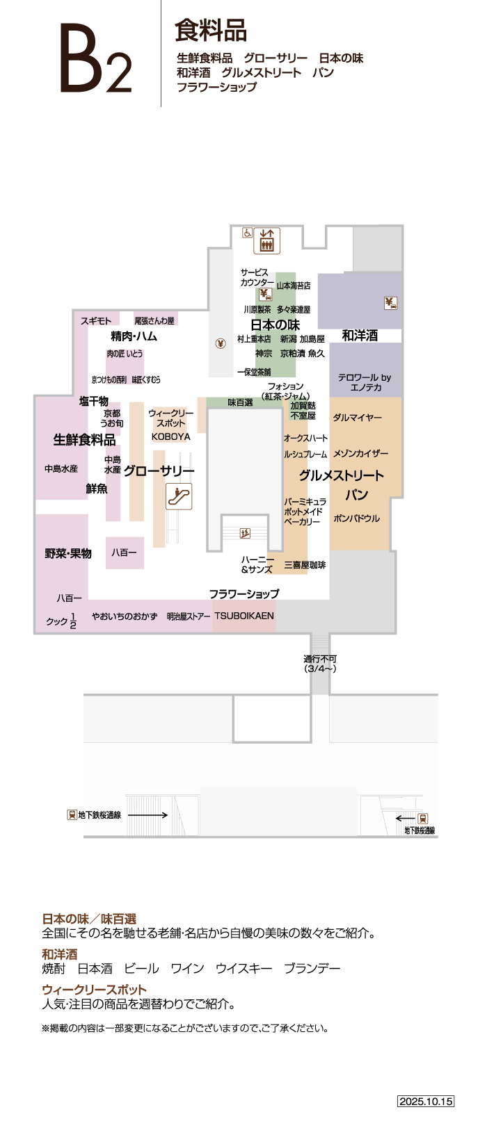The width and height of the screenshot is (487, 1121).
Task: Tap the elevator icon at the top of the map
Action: (x=267, y=240)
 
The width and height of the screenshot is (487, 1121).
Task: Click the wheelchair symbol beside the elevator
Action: (x=247, y=233)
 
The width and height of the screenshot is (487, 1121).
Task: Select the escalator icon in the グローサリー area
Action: (x=179, y=496)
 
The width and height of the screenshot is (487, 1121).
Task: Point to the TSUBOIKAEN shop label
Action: (x=244, y=616)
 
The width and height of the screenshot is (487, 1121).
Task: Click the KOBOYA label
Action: (x=170, y=437)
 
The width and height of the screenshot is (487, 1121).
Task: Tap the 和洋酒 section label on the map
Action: (x=360, y=336)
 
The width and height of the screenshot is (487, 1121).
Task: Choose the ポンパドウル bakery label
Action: (x=356, y=518)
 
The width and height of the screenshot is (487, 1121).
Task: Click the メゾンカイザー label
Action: (x=360, y=454)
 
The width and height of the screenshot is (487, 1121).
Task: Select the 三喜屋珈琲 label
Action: (x=305, y=565)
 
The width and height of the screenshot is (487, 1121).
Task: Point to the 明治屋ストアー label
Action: (x=189, y=616)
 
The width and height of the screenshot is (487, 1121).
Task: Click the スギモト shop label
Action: (x=96, y=320)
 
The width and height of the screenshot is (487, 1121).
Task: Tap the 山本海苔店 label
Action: (x=294, y=286)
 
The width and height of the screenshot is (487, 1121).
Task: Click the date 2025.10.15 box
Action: (x=426, y=1101)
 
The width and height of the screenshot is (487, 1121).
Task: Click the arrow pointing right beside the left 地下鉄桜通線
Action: (x=147, y=815)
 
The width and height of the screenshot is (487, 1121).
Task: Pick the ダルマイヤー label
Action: (x=357, y=418)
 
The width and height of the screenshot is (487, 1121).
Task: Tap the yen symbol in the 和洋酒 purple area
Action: (x=390, y=303)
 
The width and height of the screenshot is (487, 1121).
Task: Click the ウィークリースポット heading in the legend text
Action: (x=94, y=990)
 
